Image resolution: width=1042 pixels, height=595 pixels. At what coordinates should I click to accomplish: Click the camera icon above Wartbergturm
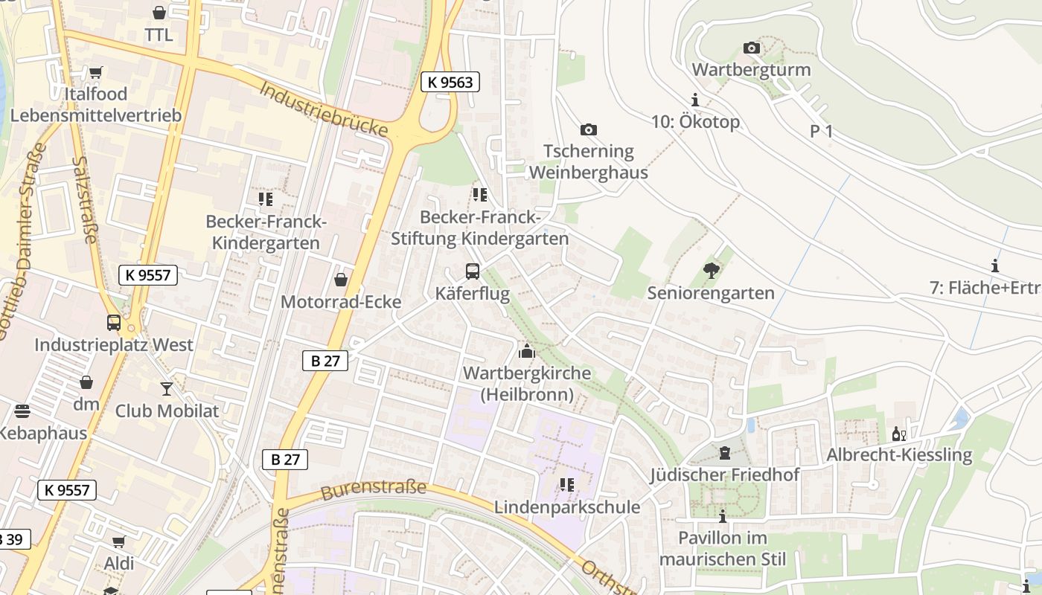[752, 48]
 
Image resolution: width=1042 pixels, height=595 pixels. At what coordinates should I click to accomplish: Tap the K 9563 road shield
[450, 82]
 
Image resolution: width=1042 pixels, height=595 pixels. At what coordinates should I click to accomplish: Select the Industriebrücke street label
[324, 109]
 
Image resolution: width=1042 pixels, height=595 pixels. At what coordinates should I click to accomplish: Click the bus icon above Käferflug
[473, 271]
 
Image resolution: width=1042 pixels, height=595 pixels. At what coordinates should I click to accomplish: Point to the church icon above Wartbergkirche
[527, 351]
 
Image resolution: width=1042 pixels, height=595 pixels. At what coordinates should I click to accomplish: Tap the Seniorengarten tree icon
[711, 271]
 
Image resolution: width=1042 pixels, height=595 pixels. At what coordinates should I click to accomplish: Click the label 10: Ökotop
[695, 122]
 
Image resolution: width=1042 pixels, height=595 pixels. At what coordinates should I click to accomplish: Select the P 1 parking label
[821, 132]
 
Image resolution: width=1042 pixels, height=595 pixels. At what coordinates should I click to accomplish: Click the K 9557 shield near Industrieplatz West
[148, 274]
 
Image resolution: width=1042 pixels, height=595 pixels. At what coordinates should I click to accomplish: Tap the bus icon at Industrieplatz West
[114, 323]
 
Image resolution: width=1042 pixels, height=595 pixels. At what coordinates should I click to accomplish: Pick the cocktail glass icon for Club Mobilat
[166, 388]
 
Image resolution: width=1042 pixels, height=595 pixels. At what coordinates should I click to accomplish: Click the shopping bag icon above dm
[86, 382]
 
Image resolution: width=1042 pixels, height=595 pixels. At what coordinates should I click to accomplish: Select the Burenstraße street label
[374, 489]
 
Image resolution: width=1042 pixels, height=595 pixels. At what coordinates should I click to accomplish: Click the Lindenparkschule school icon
[567, 485]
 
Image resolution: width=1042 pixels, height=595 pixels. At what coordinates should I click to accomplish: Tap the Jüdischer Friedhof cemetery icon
[723, 452]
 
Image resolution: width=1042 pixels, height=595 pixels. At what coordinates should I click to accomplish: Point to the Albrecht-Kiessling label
[899, 454]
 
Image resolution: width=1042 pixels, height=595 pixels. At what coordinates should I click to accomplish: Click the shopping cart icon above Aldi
[119, 541]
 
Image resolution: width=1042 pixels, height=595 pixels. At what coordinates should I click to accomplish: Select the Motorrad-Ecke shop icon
[340, 280]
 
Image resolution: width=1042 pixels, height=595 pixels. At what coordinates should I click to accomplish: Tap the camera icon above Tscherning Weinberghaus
[588, 130]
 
